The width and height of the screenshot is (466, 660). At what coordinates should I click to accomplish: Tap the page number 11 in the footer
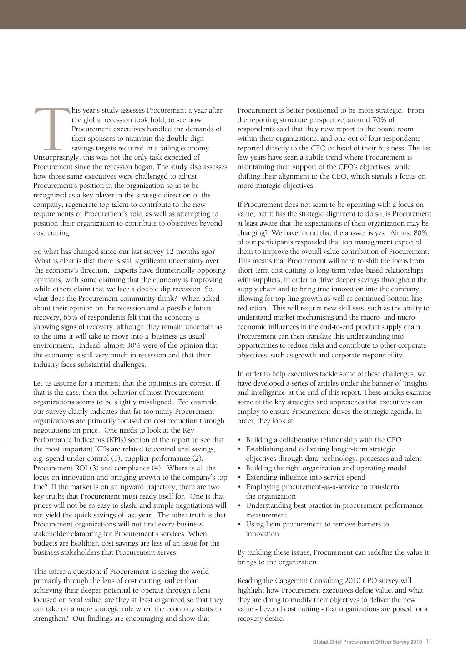click(429, 642)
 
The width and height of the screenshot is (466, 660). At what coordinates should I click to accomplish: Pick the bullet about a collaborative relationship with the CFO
click(323, 440)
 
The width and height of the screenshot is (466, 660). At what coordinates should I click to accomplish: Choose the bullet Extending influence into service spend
click(305, 477)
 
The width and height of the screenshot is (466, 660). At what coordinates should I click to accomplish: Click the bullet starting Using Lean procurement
click(317, 524)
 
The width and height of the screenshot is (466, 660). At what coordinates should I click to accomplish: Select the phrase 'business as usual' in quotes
click(180, 336)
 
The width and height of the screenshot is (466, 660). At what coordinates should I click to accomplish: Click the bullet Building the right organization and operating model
click(326, 468)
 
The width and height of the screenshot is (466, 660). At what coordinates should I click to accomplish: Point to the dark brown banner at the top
click(233, 14)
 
